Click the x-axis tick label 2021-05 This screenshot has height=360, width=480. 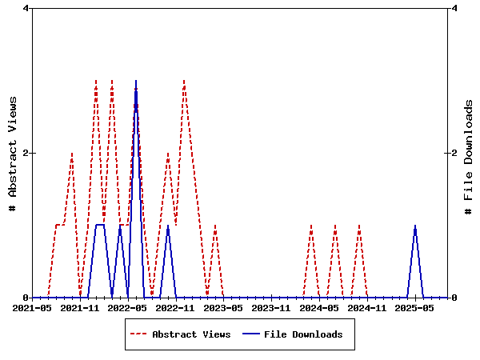tap(32, 307)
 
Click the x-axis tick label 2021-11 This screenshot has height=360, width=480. tap(80, 307)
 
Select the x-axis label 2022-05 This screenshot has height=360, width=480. tap(128, 307)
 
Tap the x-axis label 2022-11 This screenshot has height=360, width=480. tap(175, 307)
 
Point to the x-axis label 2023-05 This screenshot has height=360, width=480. tap(223, 307)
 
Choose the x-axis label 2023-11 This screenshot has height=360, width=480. tap(271, 307)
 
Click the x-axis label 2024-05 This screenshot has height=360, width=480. tap(319, 307)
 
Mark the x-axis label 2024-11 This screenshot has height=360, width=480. tap(367, 307)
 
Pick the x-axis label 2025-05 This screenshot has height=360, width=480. tap(415, 307)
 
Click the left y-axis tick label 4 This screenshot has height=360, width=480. tap(26, 8)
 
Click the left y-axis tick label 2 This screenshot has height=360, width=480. tap(26, 153)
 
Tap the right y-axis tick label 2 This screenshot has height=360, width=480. tap(454, 153)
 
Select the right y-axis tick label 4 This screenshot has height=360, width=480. tap(454, 8)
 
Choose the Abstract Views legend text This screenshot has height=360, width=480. tap(191, 334)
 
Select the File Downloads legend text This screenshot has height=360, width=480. tap(303, 334)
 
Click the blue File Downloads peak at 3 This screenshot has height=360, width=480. tap(136, 82)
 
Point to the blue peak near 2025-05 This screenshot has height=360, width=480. tap(415, 226)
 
